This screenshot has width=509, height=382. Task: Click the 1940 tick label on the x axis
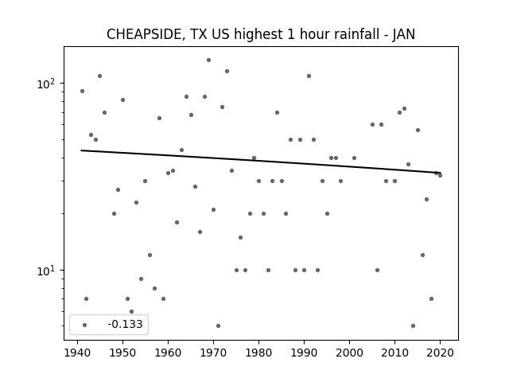tap(78, 353)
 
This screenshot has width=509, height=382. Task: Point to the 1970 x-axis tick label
tap(213, 353)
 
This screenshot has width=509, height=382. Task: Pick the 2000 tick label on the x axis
tap(349, 353)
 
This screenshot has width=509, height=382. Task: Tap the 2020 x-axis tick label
tap(440, 353)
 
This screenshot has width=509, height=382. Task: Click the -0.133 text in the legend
tap(125, 324)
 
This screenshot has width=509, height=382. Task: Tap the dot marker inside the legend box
tap(85, 325)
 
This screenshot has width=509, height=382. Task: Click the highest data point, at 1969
tap(208, 60)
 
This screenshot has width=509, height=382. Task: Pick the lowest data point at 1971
tap(218, 325)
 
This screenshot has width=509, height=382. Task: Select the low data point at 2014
tap(413, 325)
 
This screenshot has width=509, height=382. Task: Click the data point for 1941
tap(82, 92)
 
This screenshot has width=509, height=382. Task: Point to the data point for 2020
tap(440, 175)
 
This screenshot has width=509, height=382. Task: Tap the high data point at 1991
tap(309, 76)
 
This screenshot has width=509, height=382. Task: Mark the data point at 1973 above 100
tap(227, 71)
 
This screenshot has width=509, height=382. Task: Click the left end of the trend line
tap(81, 150)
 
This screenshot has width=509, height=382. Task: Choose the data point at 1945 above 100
tap(99, 76)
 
